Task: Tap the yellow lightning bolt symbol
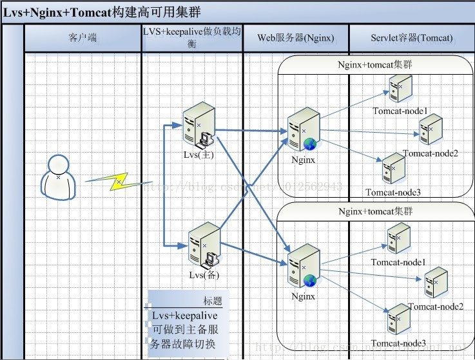[x=119, y=182]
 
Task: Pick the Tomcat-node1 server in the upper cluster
[x=401, y=89]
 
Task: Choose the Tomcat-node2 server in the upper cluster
[x=431, y=129]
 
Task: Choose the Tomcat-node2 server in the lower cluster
[x=435, y=281]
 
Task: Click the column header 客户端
[x=82, y=38]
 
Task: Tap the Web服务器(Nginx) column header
[x=296, y=38]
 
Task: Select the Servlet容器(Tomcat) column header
[x=411, y=38]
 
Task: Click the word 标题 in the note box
[x=212, y=300]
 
